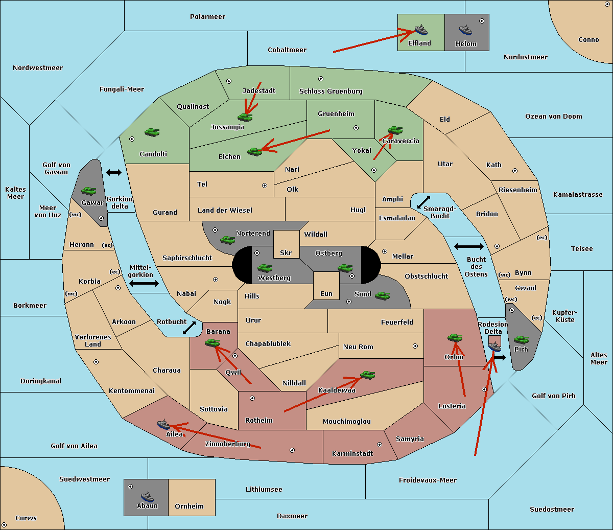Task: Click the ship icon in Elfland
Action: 420,30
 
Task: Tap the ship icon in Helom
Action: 465,30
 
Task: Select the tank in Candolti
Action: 152,132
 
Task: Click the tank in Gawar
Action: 88,191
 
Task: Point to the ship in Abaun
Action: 147,496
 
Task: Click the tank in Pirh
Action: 521,340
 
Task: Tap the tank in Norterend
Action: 227,240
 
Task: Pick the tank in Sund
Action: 382,295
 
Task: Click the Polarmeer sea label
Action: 207,17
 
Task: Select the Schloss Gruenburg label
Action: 331,91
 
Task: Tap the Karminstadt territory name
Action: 352,454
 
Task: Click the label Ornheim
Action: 189,506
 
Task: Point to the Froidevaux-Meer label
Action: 428,480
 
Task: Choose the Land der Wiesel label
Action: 225,210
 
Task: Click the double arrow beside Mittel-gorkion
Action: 144,283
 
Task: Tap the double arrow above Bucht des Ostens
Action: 468,247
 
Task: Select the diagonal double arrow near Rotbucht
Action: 189,328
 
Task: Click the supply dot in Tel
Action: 265,186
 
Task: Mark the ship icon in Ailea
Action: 163,424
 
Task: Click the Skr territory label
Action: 286,253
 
